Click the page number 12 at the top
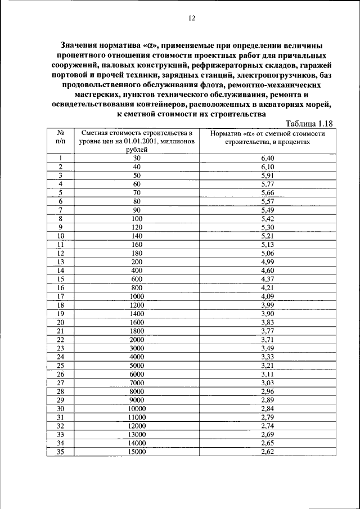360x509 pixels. [191, 18]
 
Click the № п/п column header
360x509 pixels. [60, 138]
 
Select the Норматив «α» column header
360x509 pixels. [267, 138]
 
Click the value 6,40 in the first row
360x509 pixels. [267, 159]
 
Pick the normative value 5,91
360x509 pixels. [267, 175]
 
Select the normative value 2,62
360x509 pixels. [267, 451]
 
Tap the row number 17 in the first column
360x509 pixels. [60, 296]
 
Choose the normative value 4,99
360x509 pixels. [267, 262]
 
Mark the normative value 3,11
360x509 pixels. [267, 373]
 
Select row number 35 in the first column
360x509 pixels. [60, 451]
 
